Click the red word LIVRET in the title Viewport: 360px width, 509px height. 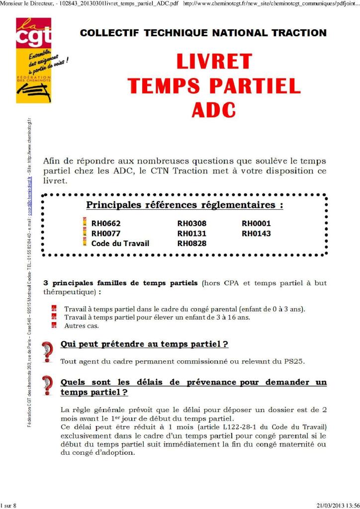[x=214, y=62]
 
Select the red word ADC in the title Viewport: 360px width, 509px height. [x=214, y=109]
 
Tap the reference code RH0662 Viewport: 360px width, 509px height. [x=106, y=224]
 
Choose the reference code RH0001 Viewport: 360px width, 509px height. [x=256, y=224]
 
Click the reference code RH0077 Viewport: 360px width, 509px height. [x=106, y=234]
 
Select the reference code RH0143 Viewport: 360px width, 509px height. [x=256, y=234]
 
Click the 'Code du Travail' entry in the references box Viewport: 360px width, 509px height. [x=120, y=244]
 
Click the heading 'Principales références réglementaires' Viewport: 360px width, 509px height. [x=185, y=205]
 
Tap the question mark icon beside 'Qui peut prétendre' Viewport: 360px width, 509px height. [x=48, y=351]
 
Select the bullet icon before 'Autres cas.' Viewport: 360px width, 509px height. [x=54, y=326]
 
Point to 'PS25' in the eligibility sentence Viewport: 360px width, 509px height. [x=294, y=361]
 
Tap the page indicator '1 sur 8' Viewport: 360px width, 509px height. [x=8, y=505]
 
